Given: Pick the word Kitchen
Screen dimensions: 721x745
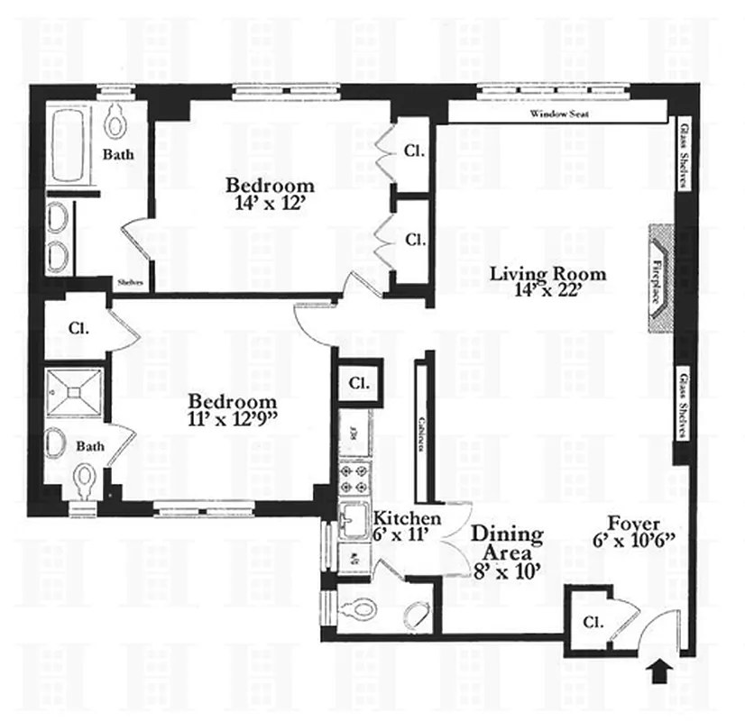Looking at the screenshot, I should [x=408, y=518].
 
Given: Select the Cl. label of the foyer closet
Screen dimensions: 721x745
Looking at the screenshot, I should [x=592, y=622].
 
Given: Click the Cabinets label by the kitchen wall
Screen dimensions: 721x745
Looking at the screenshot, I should [x=421, y=433].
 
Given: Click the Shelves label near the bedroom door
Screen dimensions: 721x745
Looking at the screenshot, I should [x=125, y=280].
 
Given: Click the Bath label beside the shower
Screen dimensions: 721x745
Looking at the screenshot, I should [x=90, y=446].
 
